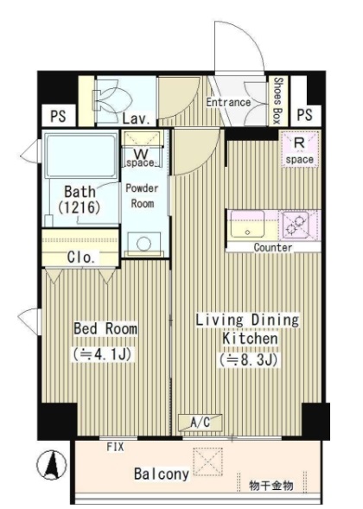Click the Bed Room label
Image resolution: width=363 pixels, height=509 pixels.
point(105,328)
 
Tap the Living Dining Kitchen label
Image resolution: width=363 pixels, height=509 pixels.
point(247,329)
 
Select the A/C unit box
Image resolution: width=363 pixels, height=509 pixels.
point(201,423)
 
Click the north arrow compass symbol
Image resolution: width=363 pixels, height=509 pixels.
point(52,465)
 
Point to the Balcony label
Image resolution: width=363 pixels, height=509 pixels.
point(162,474)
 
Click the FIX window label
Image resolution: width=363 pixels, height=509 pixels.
point(115,447)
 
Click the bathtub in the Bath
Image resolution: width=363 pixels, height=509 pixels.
point(81,156)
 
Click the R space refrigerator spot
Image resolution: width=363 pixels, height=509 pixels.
point(299,149)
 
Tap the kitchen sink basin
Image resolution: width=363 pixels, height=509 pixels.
point(247,224)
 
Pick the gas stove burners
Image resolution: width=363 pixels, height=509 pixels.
point(295,225)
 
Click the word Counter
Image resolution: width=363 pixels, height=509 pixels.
point(273,248)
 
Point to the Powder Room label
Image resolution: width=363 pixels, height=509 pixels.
point(143,196)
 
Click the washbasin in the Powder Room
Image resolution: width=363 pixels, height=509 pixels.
point(143,244)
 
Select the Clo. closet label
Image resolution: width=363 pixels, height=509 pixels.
point(81,258)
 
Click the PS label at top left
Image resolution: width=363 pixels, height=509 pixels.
point(59,116)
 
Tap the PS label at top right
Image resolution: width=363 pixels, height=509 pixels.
point(304,115)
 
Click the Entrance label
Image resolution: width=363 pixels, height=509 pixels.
point(228,102)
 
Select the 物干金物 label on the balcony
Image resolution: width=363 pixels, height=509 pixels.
point(271,486)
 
